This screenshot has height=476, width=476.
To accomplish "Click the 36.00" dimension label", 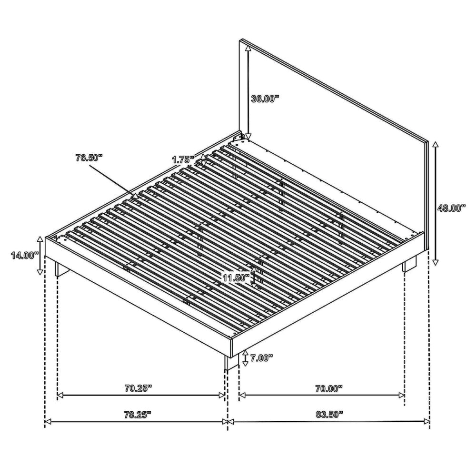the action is click(x=265, y=99).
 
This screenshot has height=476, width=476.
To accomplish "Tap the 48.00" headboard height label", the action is click(x=451, y=208).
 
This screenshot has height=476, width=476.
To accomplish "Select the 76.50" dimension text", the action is click(x=89, y=158).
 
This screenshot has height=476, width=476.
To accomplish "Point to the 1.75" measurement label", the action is click(x=183, y=159).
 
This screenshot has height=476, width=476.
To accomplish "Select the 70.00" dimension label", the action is click(x=329, y=388).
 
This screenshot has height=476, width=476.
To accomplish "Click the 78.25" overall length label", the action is click(x=138, y=415).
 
